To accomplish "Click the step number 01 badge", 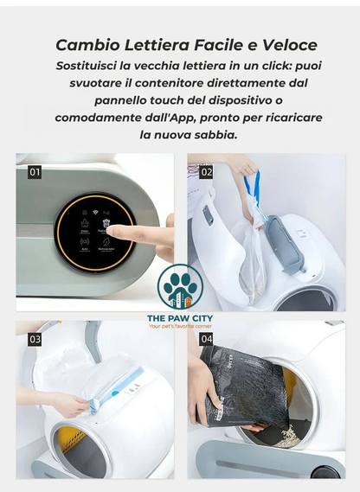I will click(35, 172).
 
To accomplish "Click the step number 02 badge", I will click(206, 172).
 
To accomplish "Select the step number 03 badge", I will click(35, 339).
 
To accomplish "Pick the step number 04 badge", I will click(206, 339).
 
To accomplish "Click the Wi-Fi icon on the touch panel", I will click(95, 212).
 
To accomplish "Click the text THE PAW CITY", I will click(180, 318).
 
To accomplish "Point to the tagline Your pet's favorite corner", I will click(180, 326).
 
